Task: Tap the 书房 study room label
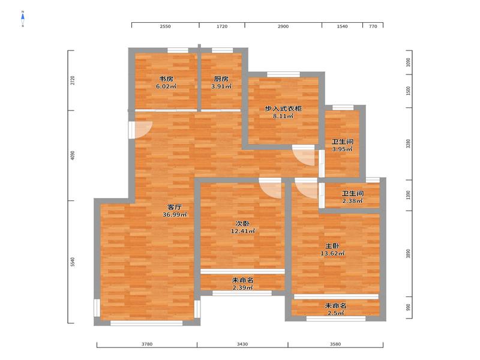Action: coord(166,79)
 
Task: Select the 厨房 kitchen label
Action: coord(221,79)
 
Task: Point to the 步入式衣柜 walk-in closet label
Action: coord(283,109)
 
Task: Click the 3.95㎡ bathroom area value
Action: coord(342,149)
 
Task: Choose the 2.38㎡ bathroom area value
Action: coord(352,201)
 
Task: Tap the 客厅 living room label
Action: coord(175,207)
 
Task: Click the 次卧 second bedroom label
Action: coord(242,224)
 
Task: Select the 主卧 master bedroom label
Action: coord(332,246)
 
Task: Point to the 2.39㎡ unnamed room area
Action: coord(242,288)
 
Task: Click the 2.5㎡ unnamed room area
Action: coord(335,313)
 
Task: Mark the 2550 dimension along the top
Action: coord(166,26)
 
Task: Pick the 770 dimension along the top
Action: coord(373,26)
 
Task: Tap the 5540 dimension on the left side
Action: coord(73,262)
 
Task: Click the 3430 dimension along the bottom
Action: coord(242,344)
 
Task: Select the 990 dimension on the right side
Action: coord(408,307)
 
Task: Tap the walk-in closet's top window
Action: coord(283,74)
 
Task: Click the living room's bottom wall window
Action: coord(146,323)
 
